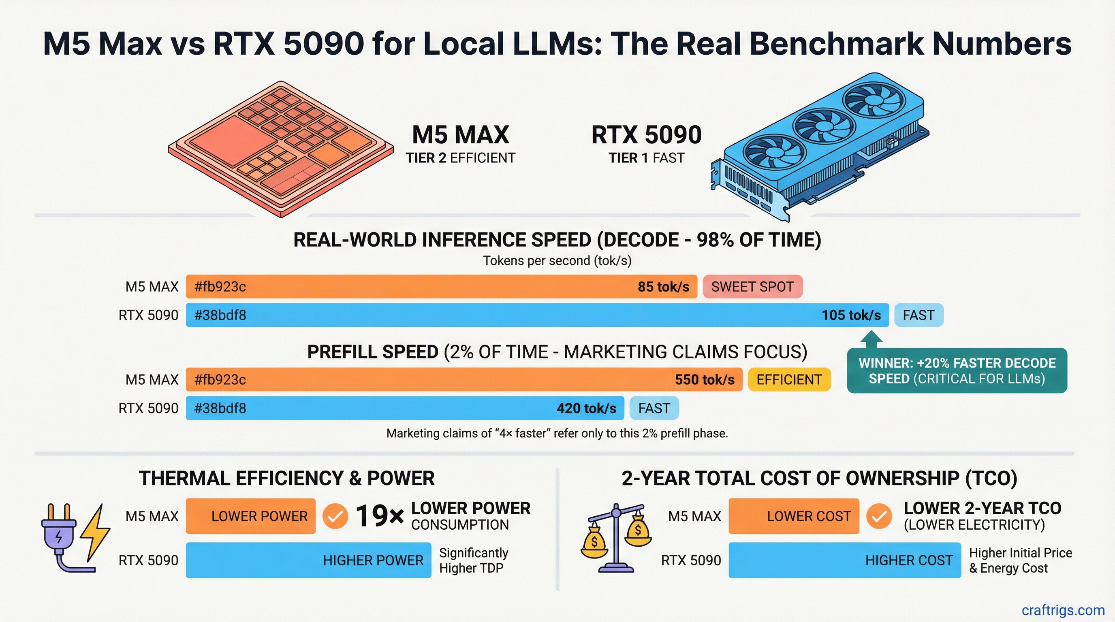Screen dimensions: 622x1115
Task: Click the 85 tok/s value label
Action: tap(663, 287)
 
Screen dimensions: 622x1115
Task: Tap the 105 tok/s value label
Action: tap(851, 315)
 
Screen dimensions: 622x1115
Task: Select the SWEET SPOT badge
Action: tap(752, 287)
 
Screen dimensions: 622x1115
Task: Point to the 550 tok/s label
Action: tap(704, 380)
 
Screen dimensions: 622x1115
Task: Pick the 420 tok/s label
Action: tap(586, 408)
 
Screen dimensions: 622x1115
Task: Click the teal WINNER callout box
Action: tap(957, 371)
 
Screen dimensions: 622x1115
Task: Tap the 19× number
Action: tap(379, 516)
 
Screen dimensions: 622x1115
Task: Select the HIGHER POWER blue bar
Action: tap(308, 560)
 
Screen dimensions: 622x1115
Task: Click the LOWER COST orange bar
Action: tap(793, 516)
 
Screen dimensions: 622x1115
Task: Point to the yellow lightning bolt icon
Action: tap(96, 532)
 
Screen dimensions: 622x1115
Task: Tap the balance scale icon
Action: tap(615, 539)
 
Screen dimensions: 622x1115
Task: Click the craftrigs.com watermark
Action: tap(1063, 610)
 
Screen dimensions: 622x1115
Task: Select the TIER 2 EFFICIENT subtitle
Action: tap(460, 158)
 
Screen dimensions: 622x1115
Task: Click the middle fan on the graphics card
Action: tap(823, 126)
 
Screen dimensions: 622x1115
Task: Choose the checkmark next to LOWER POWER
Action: tap(335, 516)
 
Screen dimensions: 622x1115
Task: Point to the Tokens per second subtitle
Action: tap(557, 261)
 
